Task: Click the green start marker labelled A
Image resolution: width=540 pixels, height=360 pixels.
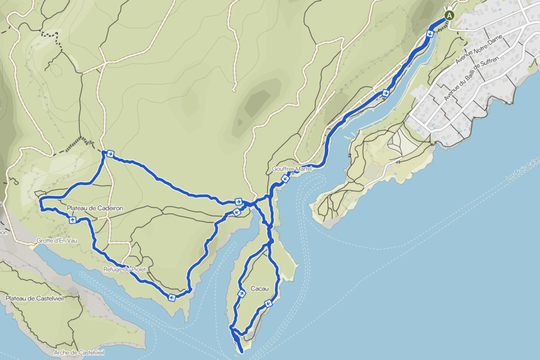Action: point(449,15)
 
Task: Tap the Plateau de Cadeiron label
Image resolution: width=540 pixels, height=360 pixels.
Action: point(95,208)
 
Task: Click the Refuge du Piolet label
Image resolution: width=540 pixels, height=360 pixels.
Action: point(124,269)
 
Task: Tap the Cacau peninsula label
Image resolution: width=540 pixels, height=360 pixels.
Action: point(259,288)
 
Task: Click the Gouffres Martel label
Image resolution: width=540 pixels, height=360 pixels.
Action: point(292,169)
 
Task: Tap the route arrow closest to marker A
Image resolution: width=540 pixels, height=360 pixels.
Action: point(430,34)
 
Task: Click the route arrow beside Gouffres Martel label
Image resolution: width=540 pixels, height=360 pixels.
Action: point(285,179)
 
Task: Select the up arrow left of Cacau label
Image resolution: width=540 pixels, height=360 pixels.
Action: point(242,293)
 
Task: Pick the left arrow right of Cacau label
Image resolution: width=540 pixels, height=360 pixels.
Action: point(268,303)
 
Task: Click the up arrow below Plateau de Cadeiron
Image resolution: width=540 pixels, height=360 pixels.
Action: point(72,220)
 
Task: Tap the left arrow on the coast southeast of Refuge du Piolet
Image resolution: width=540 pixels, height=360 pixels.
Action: point(172,298)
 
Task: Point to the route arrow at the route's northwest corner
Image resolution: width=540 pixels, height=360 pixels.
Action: point(110,154)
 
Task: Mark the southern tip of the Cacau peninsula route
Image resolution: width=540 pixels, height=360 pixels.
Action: point(241,351)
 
